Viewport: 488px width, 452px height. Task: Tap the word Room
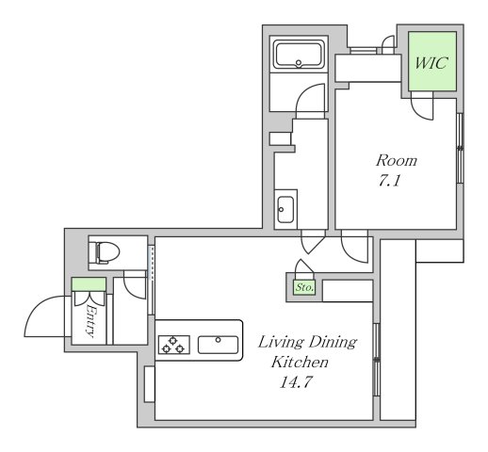pyautogui.click(x=397, y=160)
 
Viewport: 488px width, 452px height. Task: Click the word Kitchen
pyautogui.click(x=301, y=363)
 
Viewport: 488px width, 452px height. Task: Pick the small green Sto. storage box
pyautogui.click(x=303, y=286)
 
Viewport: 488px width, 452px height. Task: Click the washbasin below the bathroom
pyautogui.click(x=285, y=207)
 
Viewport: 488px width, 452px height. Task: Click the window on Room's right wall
pyautogui.click(x=460, y=149)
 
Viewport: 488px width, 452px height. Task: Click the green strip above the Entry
pyautogui.click(x=89, y=284)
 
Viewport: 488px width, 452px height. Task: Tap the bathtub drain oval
pyautogui.click(x=299, y=64)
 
